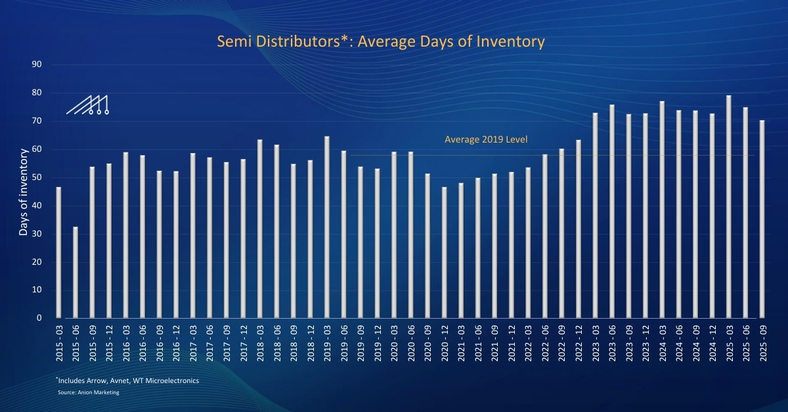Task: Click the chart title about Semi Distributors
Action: (381, 42)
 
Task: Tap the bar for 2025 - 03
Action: (728, 206)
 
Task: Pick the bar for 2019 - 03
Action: (326, 227)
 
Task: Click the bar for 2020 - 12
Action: (444, 252)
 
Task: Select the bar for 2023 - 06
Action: (611, 211)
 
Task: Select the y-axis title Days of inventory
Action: (24, 192)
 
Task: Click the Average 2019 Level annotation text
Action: (486, 139)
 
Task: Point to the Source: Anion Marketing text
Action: (89, 392)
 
